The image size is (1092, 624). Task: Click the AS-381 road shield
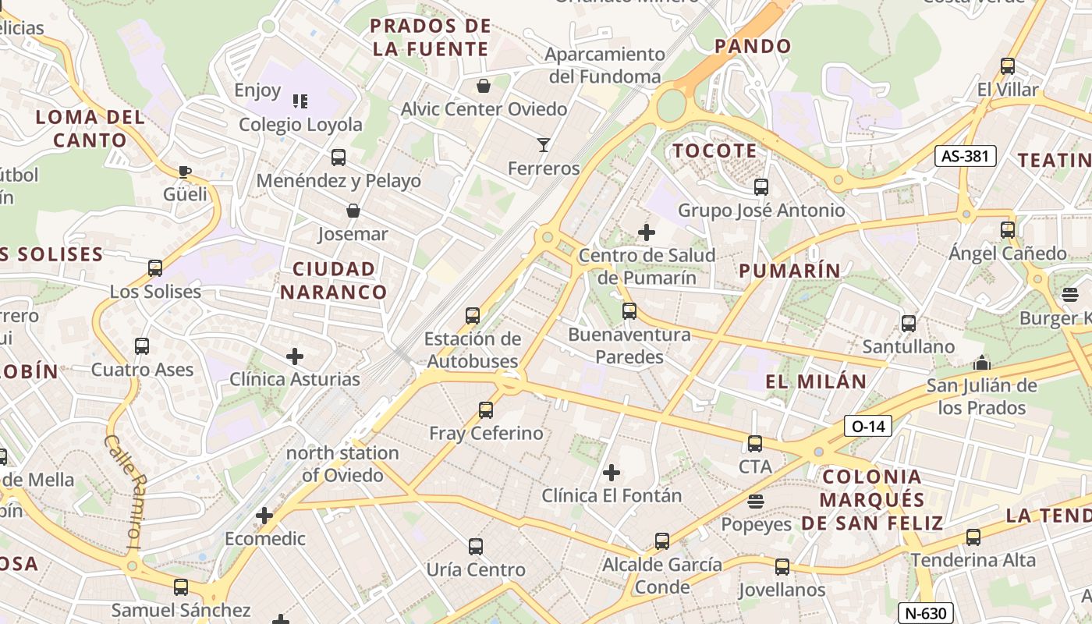[966, 156]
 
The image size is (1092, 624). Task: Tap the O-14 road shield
[867, 426]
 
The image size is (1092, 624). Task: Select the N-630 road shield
[925, 613]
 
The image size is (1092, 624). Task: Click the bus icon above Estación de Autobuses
[473, 316]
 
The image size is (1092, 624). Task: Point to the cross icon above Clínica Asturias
[295, 357]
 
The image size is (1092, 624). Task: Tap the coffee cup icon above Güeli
[185, 172]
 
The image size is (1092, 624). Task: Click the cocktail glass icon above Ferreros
[544, 144]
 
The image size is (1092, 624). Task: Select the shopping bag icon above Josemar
[353, 211]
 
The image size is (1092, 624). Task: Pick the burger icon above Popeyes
[755, 501]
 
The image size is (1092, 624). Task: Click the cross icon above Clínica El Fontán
[612, 472]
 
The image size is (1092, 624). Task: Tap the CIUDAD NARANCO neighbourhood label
[334, 281]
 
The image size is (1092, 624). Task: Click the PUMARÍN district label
[790, 271]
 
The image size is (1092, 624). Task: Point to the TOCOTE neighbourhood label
[714, 151]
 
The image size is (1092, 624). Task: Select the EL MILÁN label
[816, 381]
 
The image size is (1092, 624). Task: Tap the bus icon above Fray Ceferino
[486, 409]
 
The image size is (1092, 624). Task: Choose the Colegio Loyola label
[300, 125]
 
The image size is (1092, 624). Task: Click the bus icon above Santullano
[909, 323]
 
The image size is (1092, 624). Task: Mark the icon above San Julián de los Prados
[981, 363]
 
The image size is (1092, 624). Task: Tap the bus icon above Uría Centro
[476, 547]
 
